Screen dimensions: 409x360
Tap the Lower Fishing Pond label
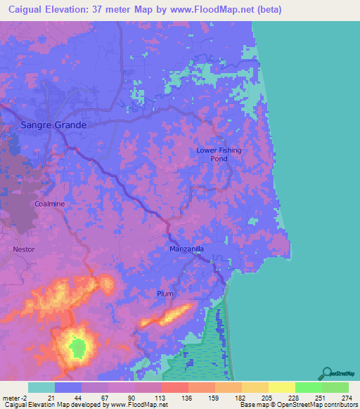(x=219, y=155)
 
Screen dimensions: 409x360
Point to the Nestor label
(x=23, y=249)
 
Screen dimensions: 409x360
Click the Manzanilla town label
(x=186, y=249)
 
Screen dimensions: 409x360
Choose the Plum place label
(x=165, y=294)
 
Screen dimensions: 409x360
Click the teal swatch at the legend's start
(x=41, y=387)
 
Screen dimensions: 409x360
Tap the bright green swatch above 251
(x=308, y=387)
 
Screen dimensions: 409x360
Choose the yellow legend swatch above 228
(x=281, y=387)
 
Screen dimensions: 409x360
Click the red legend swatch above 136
(x=174, y=387)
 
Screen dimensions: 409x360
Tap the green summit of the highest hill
(x=77, y=346)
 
